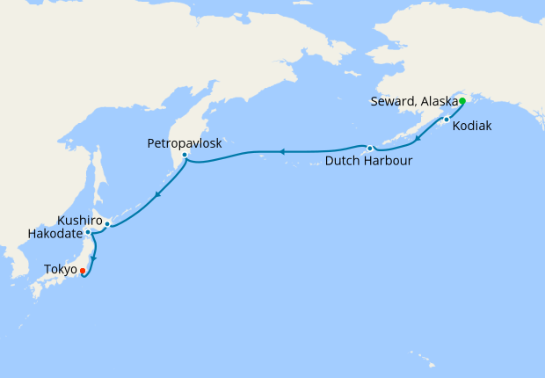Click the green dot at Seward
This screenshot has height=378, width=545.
[x=461, y=101]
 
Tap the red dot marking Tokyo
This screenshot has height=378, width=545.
[x=83, y=270]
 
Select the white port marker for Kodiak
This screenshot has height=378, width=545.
[x=447, y=119]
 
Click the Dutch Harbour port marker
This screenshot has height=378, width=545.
[x=370, y=148]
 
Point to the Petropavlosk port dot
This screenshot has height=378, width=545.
[x=184, y=155]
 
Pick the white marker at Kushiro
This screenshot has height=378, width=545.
[x=107, y=223]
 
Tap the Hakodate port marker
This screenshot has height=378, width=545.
[x=88, y=232]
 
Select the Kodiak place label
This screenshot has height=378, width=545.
[x=472, y=127]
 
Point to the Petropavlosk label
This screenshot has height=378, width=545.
[x=185, y=142]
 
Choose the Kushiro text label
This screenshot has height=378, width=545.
[x=80, y=219]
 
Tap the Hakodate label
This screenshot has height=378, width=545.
[x=54, y=234]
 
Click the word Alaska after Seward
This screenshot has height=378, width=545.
[x=440, y=102]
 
